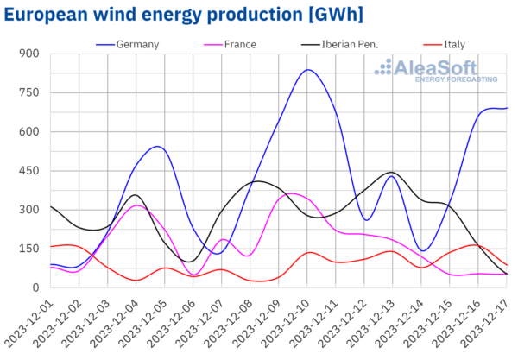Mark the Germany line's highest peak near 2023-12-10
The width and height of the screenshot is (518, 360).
point(307,70)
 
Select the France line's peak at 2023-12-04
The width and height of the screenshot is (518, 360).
point(136,205)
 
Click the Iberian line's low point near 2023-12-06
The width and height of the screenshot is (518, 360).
point(189,262)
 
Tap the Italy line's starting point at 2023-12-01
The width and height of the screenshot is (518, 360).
point(51,247)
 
